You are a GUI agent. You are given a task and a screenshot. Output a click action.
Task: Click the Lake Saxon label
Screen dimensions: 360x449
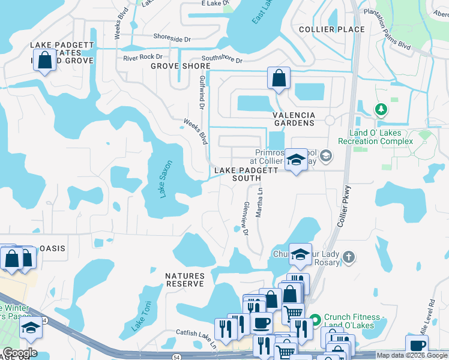pos(166,179)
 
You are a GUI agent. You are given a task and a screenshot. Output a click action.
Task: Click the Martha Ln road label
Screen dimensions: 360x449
pos(260,202)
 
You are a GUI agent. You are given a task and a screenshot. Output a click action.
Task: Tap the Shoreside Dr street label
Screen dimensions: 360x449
pos(172,37)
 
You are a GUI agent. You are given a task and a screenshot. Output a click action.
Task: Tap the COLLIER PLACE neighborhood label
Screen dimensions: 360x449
pos(332,29)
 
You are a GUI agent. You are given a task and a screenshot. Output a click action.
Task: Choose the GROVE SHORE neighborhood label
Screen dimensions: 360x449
pos(176,66)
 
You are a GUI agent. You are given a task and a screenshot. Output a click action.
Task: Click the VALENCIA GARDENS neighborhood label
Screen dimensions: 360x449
pos(294,119)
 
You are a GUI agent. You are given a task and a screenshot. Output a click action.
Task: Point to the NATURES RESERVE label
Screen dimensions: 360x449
pos(185,280)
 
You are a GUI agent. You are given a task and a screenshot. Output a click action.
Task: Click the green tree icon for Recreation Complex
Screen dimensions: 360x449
pos(380,110)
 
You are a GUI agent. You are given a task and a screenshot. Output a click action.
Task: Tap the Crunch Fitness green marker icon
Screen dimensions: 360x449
pos(316,317)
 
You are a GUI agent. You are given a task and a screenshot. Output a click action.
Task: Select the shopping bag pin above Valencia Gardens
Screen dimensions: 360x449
pos(279,78)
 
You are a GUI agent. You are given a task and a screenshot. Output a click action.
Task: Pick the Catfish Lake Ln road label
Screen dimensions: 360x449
pos(196,332)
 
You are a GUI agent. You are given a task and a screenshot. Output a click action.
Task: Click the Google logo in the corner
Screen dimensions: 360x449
pos(20,353)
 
